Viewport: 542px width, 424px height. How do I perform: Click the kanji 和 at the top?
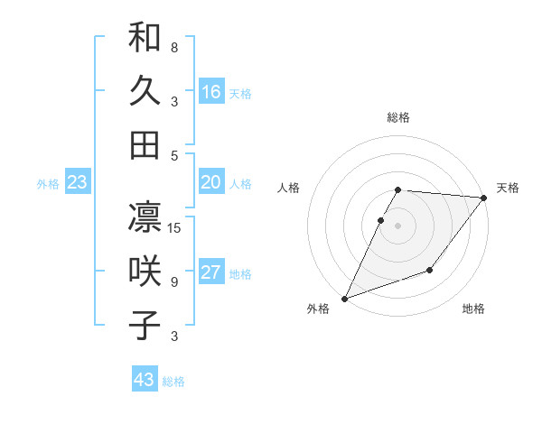pos(145,39)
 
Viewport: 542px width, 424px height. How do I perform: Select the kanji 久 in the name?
pos(145,91)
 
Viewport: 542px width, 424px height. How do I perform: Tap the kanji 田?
pos(145,143)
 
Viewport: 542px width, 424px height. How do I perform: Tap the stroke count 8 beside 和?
pos(174,47)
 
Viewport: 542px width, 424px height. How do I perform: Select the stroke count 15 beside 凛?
pos(175,227)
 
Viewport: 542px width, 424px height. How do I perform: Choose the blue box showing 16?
pos(211,92)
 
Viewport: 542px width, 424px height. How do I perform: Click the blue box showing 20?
pos(211,183)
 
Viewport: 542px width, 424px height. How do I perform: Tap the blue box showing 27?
pos(211,273)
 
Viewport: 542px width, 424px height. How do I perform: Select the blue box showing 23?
pos(77,183)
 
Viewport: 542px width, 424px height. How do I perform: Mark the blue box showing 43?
pos(144,380)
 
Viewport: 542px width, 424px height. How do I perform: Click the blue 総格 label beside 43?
pos(174,382)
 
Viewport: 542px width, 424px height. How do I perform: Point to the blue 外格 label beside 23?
pos(48,184)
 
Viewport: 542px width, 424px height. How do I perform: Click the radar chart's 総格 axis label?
pos(398,117)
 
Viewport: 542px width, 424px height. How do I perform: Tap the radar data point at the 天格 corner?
pos(485,198)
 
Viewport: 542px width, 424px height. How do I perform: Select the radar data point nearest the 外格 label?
pos(344,299)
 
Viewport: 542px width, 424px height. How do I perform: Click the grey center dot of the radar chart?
pos(398,226)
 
